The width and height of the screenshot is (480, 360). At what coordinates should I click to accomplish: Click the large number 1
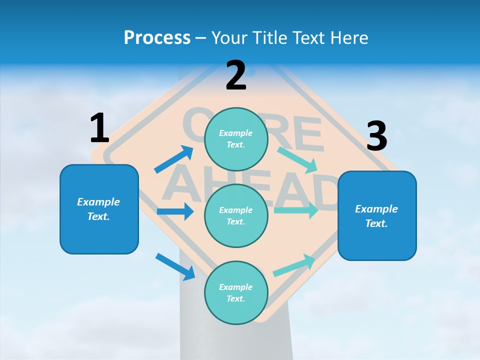point(99,128)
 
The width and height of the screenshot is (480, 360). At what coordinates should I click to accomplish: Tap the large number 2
point(236,75)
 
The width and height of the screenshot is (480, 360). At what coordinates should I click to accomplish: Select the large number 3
point(376,136)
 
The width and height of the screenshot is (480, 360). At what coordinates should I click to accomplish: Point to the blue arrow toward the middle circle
point(175,211)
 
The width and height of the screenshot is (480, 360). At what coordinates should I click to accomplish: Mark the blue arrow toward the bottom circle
point(175,266)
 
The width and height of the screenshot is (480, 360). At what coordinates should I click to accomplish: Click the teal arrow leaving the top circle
point(297,159)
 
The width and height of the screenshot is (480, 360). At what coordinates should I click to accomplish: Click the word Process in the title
point(157,37)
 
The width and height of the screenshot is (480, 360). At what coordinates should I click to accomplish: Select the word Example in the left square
point(98,202)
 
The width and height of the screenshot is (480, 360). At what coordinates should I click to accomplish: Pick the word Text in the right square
point(376,223)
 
